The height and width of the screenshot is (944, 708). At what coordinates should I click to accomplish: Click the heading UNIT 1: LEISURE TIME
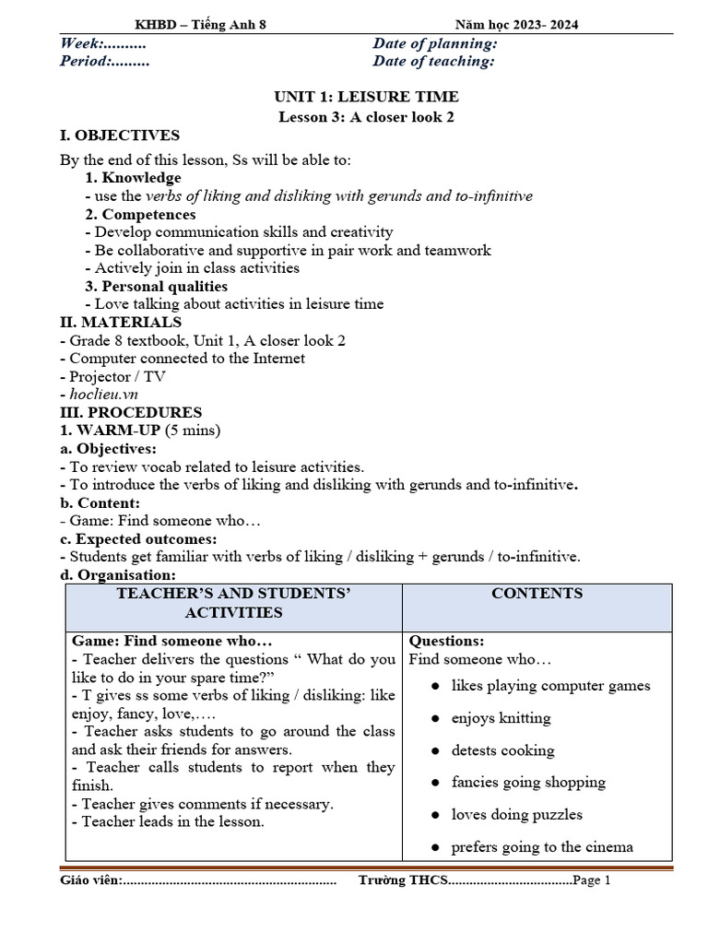coord(366,97)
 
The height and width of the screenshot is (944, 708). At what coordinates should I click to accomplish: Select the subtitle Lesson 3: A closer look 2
coord(366,116)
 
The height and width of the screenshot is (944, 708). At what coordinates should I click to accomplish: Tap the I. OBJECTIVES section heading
coord(120,136)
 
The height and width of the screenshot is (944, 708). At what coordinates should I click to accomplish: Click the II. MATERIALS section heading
coord(121,322)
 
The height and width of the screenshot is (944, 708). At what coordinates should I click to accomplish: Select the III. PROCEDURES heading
coord(131,412)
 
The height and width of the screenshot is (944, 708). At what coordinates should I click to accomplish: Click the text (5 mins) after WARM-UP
coord(191,431)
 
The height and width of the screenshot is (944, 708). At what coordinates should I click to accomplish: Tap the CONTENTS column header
coord(537,594)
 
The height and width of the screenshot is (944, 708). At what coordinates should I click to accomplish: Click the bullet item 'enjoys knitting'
coord(501,718)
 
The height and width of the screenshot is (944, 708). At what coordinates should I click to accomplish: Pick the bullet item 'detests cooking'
coord(502,750)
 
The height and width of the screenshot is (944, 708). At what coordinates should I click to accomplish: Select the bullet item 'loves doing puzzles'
coord(516,815)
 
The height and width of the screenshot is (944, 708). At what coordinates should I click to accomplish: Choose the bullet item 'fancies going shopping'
coord(528,783)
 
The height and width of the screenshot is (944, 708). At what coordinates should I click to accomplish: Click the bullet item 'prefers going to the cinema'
coord(542,847)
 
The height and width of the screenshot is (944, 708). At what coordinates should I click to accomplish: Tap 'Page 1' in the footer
coord(592,880)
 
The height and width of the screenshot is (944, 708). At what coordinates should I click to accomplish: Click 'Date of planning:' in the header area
coord(435,43)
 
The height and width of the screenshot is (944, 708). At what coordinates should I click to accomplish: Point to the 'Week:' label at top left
coord(81,43)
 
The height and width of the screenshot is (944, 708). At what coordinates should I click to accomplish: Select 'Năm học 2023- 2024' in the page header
coord(517,26)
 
